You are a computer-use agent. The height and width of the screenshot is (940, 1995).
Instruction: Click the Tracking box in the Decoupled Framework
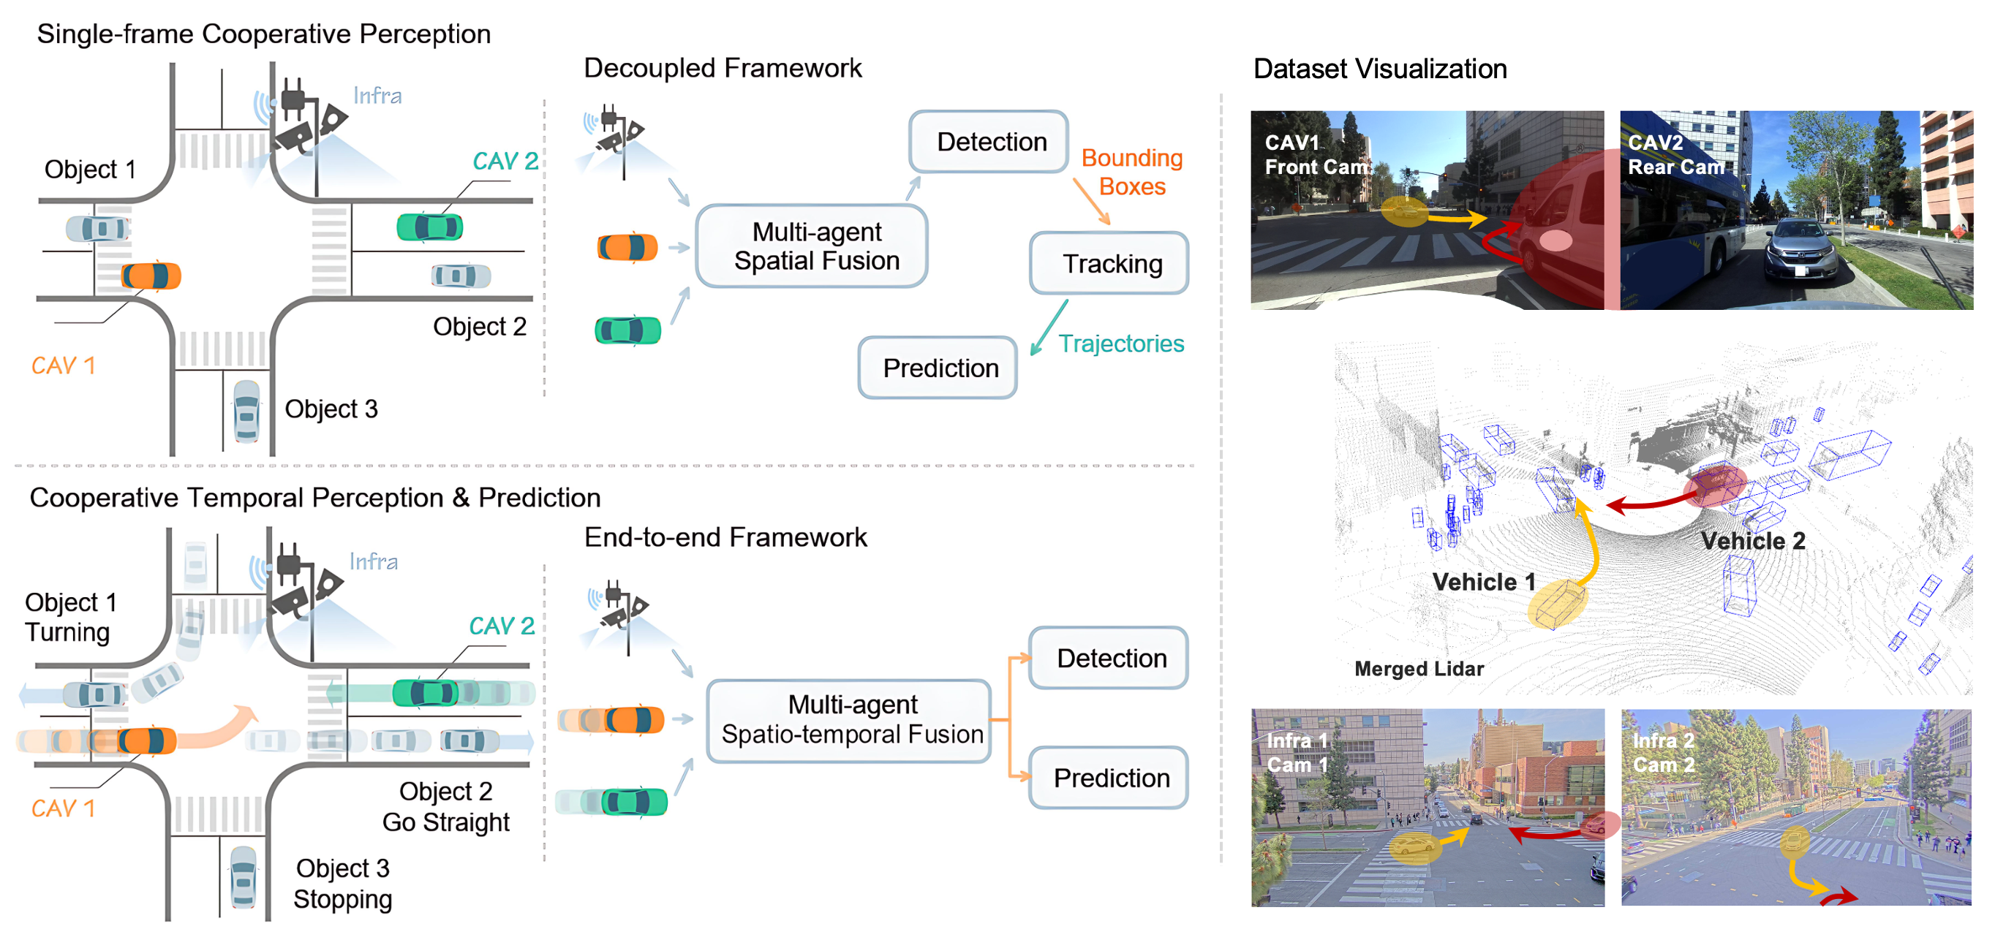click(x=1109, y=263)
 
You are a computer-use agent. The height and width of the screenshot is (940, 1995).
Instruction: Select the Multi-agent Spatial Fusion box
click(x=812, y=246)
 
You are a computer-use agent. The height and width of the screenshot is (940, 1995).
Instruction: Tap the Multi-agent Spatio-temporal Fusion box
click(x=850, y=720)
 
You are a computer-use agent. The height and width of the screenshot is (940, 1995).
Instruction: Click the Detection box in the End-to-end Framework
click(x=1109, y=658)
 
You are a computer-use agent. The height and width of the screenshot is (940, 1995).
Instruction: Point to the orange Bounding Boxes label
click(x=1131, y=172)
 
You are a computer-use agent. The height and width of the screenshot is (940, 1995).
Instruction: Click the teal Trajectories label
click(x=1120, y=343)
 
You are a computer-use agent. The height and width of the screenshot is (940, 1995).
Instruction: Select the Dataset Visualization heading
click(x=1379, y=69)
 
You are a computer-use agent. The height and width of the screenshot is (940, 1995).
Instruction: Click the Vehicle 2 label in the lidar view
click(x=1753, y=540)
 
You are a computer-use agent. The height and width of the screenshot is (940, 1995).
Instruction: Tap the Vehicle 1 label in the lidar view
click(x=1483, y=582)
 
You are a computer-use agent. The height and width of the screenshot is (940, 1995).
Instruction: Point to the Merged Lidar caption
click(x=1419, y=668)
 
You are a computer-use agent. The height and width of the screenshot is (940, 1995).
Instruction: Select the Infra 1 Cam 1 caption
click(x=1298, y=753)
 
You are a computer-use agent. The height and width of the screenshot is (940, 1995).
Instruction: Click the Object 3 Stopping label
click(x=342, y=884)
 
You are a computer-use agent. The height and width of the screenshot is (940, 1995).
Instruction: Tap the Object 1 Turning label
click(x=69, y=617)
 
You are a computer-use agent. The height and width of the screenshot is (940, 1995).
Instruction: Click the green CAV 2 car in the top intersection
click(x=430, y=227)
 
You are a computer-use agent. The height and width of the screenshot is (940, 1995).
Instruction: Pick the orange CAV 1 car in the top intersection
click(x=151, y=276)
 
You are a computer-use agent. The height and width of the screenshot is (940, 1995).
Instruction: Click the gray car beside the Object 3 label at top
click(x=246, y=410)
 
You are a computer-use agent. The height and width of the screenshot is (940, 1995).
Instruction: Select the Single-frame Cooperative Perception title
click(x=263, y=34)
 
